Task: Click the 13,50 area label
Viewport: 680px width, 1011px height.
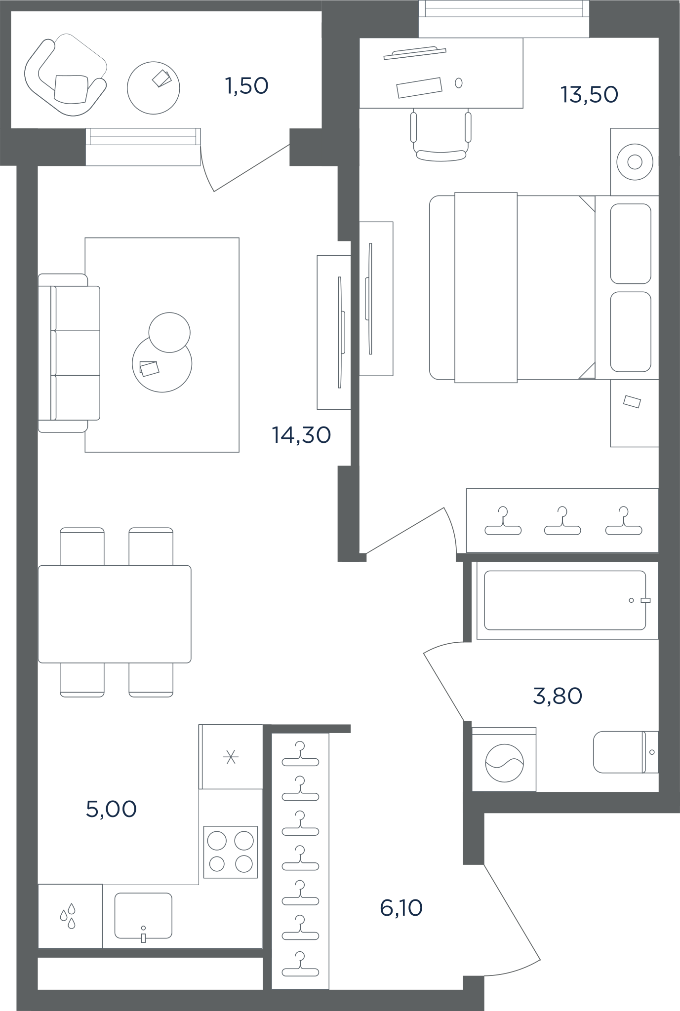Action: (x=589, y=95)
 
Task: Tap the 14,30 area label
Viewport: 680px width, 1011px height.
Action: (x=301, y=435)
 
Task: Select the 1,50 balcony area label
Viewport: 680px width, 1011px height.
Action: (x=246, y=86)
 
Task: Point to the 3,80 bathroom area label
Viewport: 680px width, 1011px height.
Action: (x=558, y=696)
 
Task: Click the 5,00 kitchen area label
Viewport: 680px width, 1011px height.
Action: (x=111, y=809)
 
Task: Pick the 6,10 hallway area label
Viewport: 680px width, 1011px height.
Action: (x=401, y=908)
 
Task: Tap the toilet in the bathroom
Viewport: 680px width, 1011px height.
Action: (x=626, y=752)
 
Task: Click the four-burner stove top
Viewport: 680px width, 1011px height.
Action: (x=231, y=852)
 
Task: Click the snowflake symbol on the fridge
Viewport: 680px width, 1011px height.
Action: (x=231, y=757)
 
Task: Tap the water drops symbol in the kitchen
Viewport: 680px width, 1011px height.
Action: (x=68, y=916)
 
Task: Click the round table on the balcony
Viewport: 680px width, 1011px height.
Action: (x=154, y=88)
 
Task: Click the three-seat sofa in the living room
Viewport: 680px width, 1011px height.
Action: (x=69, y=353)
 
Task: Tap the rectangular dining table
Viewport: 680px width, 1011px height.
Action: (x=115, y=614)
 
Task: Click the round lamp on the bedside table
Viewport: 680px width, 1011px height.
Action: (x=635, y=162)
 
